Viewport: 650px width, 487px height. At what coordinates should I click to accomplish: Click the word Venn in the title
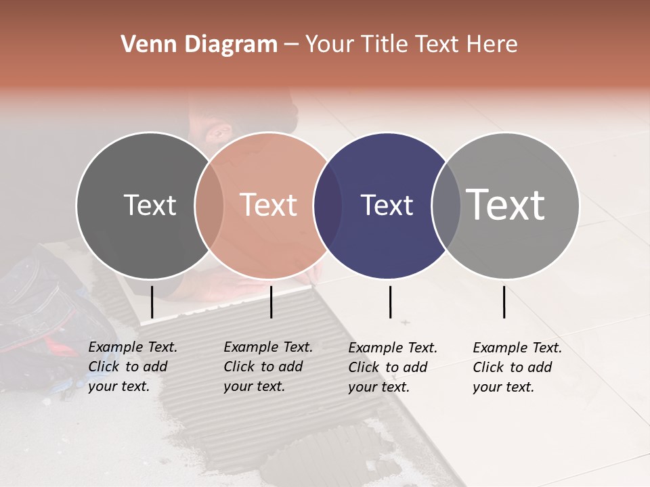147,45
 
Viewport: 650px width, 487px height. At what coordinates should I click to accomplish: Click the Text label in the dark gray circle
150,206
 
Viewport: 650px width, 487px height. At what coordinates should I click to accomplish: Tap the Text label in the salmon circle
269,206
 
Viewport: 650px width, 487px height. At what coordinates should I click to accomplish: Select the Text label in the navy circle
387,206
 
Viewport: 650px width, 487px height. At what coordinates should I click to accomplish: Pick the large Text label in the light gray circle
506,205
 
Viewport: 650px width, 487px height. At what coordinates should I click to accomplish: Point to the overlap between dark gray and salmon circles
209,206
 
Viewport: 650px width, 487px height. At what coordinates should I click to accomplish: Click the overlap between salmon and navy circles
328,206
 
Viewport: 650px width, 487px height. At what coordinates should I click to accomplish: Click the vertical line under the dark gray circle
152,302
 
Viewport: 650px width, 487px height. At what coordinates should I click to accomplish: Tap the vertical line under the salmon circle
271,302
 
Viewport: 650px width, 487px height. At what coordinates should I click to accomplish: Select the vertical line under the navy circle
390,302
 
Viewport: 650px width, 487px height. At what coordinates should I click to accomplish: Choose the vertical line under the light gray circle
504,302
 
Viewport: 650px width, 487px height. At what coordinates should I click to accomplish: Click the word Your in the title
329,45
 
